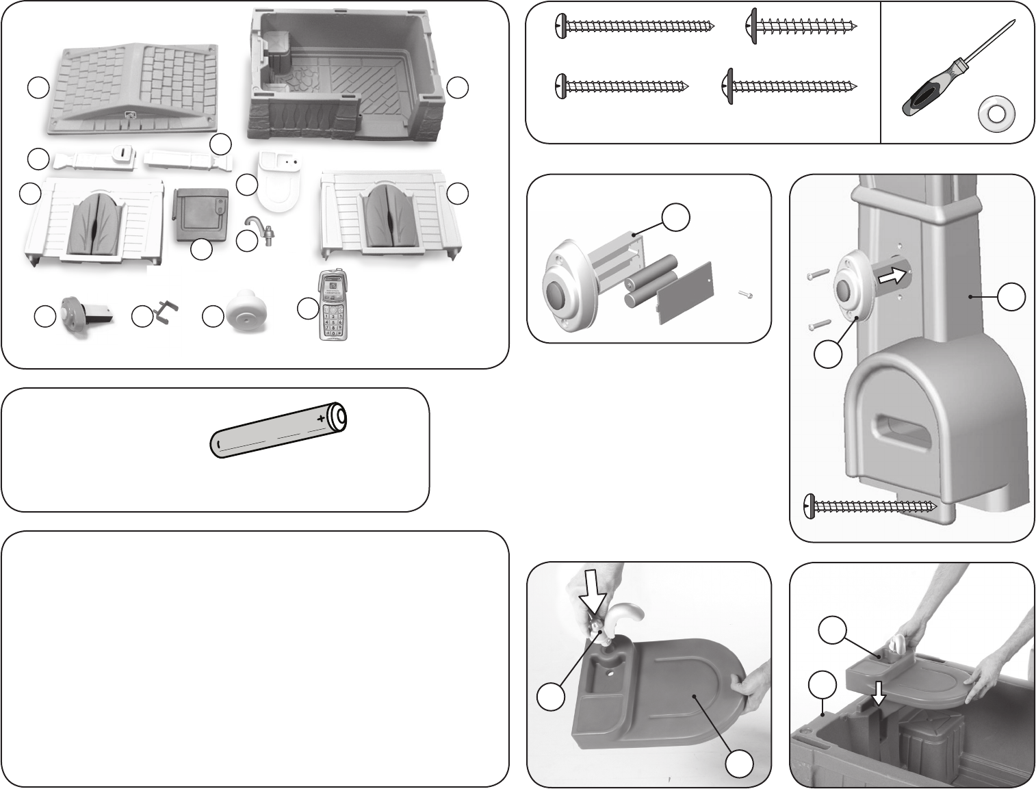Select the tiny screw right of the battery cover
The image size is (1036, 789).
click(x=746, y=295)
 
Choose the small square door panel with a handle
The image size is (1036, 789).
click(x=199, y=214)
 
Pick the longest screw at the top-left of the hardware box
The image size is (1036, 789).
click(x=634, y=25)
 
